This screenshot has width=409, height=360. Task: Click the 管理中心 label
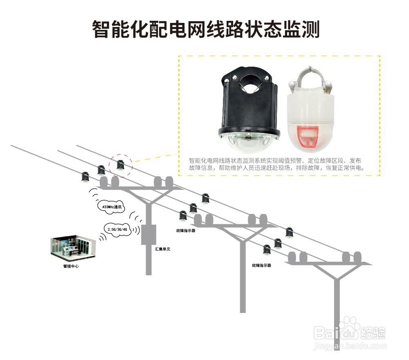71,267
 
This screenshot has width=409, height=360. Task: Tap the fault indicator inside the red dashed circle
120,165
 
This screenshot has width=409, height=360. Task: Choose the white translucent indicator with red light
312,108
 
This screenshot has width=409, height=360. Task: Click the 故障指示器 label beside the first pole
185,231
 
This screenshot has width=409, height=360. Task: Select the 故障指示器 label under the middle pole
261,265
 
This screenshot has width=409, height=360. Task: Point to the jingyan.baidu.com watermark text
350,346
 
